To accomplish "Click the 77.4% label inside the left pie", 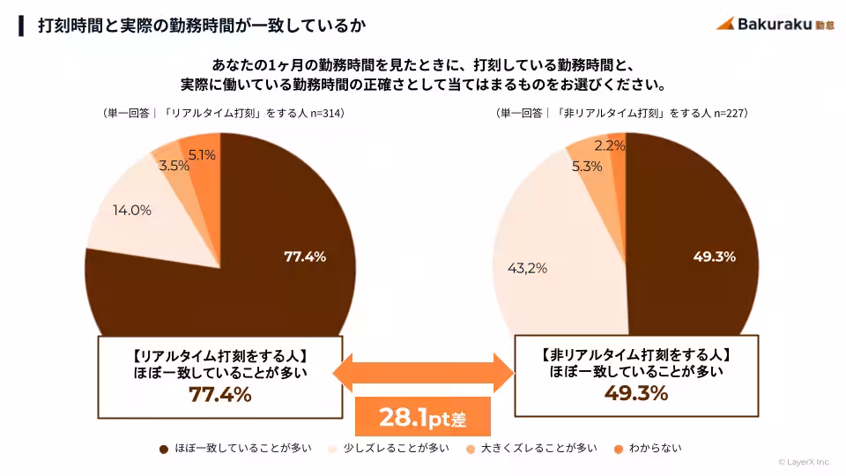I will tap(305, 257).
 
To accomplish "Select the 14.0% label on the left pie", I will tap(131, 211).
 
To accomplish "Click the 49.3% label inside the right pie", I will tap(714, 257).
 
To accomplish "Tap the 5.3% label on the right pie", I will tap(587, 166).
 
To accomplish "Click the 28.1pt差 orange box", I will tap(422, 417).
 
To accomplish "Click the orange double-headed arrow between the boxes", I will tap(423, 372).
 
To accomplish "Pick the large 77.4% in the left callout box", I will tap(219, 394).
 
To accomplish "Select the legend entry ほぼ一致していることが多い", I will tap(235, 449).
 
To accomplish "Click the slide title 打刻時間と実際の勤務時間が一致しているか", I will tap(202, 25).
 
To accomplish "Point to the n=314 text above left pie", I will tap(324, 114).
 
